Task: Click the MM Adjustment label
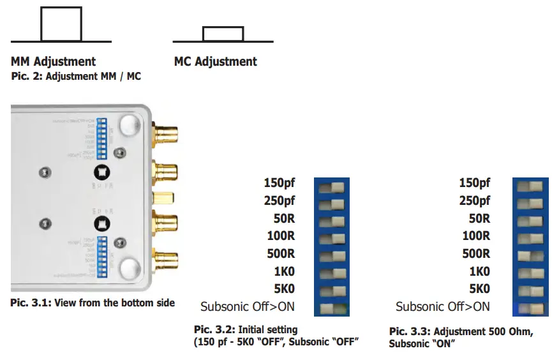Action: (53, 62)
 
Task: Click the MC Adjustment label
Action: (215, 62)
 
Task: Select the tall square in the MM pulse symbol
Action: (61, 24)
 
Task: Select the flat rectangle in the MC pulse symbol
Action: (223, 34)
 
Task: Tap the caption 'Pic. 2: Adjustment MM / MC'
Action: (76, 77)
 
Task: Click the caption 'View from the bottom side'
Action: (93, 303)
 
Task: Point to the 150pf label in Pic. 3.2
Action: (279, 183)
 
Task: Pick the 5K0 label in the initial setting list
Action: (283, 289)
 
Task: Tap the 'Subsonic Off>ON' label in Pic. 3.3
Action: (442, 306)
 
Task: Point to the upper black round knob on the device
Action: (101, 170)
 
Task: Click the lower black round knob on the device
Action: (100, 224)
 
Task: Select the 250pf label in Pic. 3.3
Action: (475, 201)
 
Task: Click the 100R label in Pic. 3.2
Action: (281, 236)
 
